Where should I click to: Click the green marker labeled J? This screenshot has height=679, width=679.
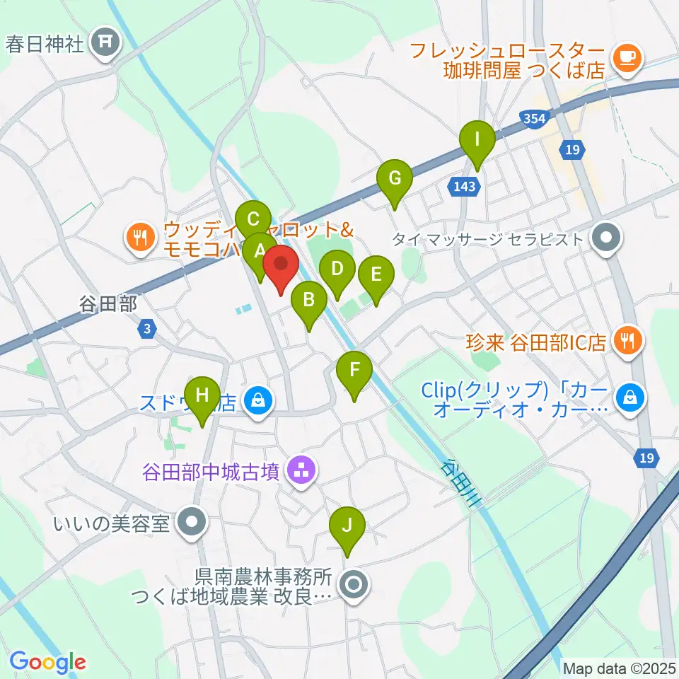(347, 527)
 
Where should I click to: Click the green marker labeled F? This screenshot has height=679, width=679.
(354, 370)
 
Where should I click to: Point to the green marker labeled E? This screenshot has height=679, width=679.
(375, 274)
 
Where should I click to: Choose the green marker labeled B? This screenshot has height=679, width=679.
(308, 300)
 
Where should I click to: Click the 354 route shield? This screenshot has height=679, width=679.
(535, 118)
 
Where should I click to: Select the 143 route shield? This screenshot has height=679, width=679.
(465, 186)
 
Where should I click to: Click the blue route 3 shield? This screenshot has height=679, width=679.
(147, 329)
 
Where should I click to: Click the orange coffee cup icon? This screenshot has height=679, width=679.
(626, 55)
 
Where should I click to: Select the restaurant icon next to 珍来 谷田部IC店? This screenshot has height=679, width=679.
(627, 342)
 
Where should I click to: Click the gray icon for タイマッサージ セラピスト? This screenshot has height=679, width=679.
(605, 239)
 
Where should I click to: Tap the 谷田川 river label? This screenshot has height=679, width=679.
(461, 481)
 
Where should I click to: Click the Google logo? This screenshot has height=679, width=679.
(48, 661)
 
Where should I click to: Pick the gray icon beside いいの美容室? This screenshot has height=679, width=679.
(191, 524)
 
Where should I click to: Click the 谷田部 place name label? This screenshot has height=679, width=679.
(108, 303)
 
